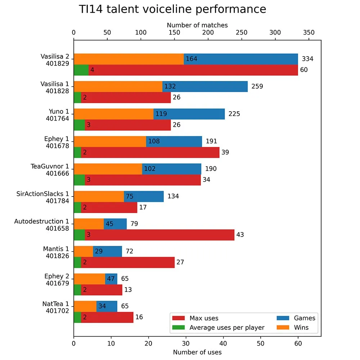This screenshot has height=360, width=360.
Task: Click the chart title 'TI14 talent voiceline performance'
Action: tap(172, 9)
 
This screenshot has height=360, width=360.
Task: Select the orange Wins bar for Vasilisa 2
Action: tap(129, 59)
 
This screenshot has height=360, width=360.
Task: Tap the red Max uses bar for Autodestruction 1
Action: tap(159, 235)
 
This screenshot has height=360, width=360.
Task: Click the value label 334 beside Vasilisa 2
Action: tap(307, 59)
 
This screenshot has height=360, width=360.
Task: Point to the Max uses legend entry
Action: tap(195, 318)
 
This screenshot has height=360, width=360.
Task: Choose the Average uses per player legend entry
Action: tap(219, 328)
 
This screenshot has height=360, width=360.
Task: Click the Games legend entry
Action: tap(296, 318)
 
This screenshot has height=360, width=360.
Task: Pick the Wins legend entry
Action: tap(293, 327)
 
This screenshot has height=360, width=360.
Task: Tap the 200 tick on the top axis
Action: tap(208, 32)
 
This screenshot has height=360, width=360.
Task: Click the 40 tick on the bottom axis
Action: tap(223, 343)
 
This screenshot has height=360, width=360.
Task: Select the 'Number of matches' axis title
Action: tap(197, 25)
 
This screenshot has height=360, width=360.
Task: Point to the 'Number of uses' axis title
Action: tap(197, 352)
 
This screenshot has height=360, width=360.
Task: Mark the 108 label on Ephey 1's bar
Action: tap(154, 141)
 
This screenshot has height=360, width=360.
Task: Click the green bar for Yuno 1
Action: tap(80, 125)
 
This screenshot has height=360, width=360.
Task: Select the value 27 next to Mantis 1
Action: tap(180, 262)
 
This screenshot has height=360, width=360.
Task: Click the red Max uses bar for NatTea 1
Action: tap(107, 317)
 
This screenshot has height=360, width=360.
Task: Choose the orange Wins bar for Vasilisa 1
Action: tap(118, 86)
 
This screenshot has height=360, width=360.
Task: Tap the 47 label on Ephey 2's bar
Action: tap(111, 279)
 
